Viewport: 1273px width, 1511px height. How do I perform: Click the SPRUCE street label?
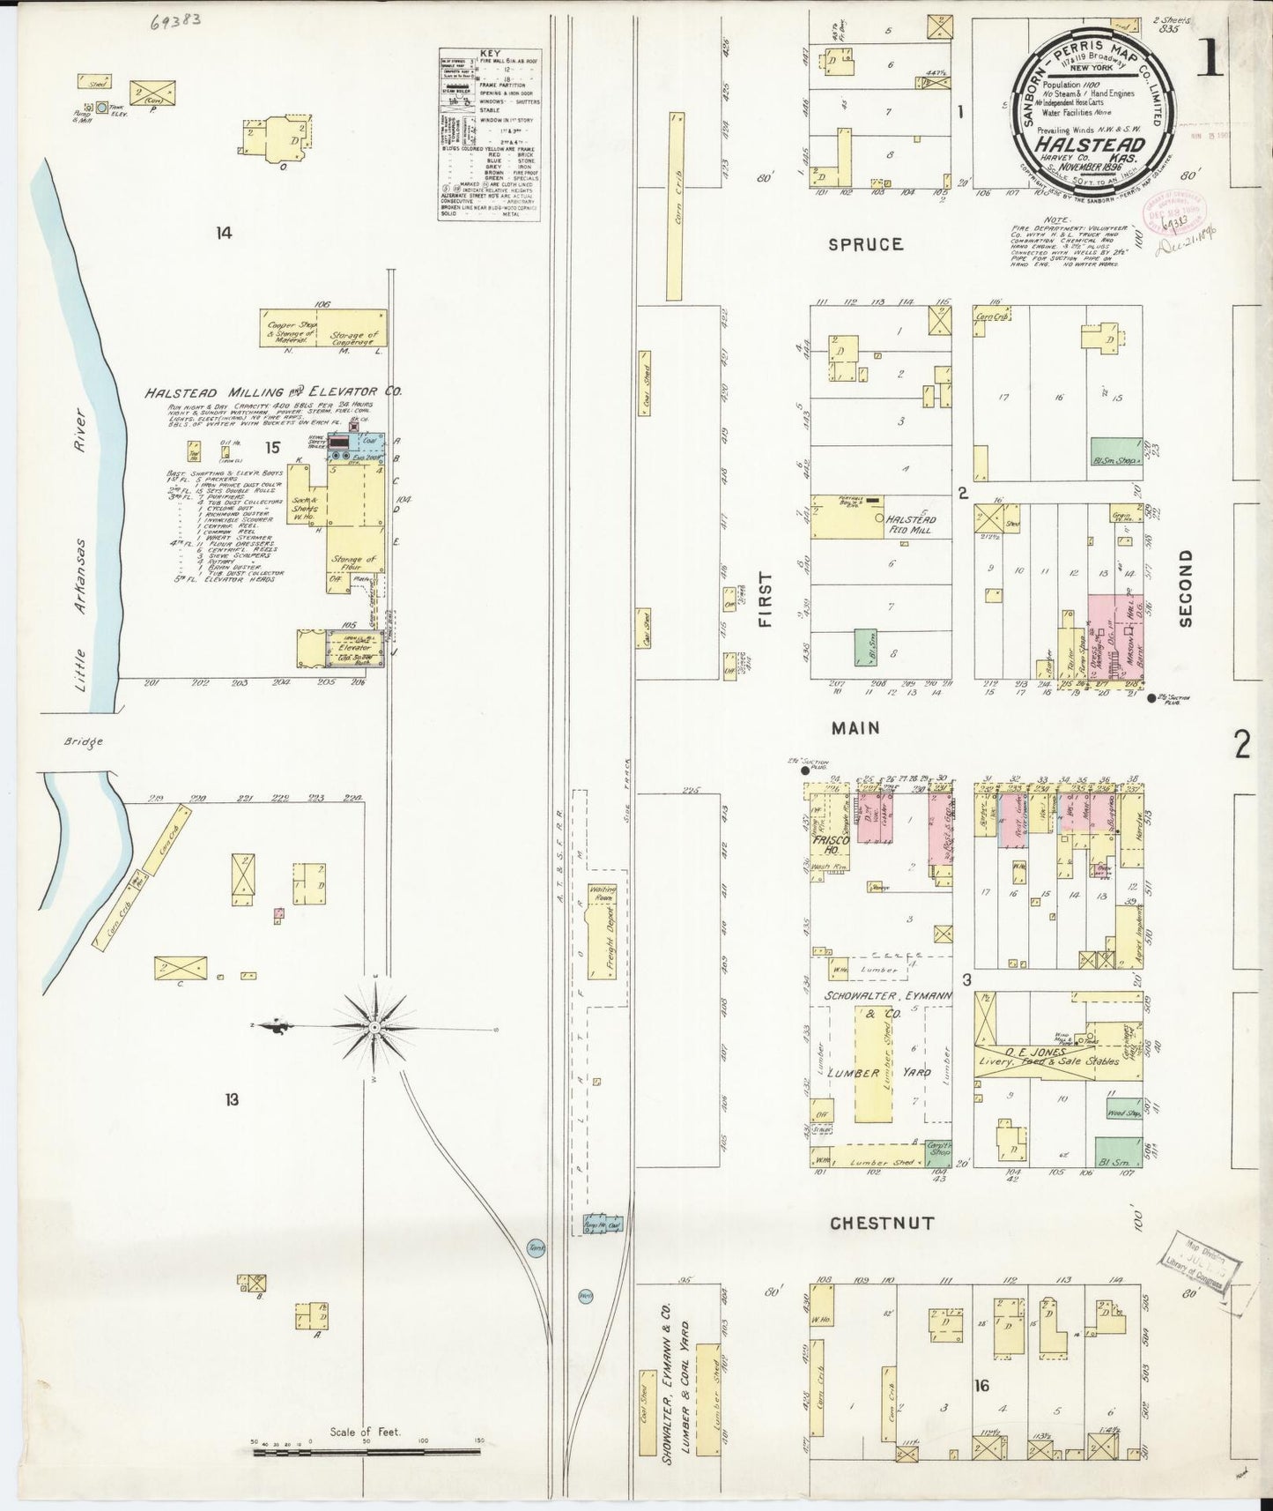[x=865, y=244]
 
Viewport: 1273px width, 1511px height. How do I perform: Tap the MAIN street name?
[x=855, y=727]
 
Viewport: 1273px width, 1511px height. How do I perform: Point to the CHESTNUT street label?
[x=881, y=1224]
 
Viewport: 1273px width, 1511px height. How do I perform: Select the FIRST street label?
[x=764, y=599]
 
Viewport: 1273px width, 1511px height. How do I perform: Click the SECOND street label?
[x=1185, y=588]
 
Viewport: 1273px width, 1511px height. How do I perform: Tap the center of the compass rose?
[x=375, y=1027]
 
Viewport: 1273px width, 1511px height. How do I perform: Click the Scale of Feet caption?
[x=365, y=1432]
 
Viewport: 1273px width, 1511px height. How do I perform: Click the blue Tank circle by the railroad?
[x=536, y=1247]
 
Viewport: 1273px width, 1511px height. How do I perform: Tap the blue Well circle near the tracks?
[x=586, y=1295]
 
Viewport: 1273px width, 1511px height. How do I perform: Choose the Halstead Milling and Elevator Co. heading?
[x=272, y=391]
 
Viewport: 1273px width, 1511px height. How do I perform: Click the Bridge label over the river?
[x=84, y=741]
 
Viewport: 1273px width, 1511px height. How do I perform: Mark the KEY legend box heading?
[x=490, y=54]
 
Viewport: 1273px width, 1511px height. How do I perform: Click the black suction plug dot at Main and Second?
[x=1151, y=698]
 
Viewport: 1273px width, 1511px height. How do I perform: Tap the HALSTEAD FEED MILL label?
[x=911, y=525]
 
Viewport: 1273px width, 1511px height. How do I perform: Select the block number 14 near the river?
[x=224, y=233]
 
